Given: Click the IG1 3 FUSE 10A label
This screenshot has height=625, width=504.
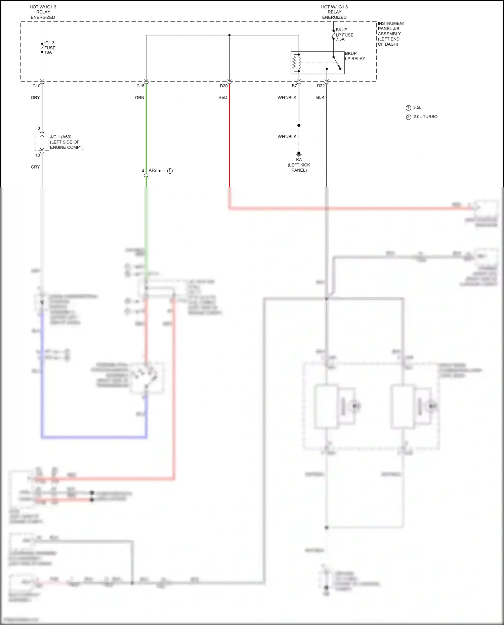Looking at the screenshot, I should click(x=50, y=48).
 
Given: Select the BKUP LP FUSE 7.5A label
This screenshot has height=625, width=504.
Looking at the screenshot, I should click(x=344, y=35).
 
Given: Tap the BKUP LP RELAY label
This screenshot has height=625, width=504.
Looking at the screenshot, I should click(x=355, y=56).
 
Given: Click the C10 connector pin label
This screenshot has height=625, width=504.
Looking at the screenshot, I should click(x=36, y=86).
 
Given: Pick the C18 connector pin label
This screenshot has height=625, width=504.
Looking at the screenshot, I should click(x=140, y=86).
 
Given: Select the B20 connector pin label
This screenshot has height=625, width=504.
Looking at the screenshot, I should click(x=224, y=86).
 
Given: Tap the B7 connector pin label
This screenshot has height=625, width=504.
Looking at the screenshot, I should click(x=294, y=86).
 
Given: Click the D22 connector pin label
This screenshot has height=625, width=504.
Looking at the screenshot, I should click(x=321, y=86).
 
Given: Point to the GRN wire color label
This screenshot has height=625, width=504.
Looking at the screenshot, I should click(x=139, y=98).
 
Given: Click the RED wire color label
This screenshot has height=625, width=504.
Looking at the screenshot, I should click(x=223, y=98).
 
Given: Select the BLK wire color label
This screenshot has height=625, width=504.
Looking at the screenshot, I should click(x=320, y=98).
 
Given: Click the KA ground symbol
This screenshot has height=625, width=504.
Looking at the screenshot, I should click(x=299, y=154).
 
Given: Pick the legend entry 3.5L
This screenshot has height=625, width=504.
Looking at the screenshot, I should click(x=417, y=107).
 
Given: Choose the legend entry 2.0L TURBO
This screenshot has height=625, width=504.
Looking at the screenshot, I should click(x=425, y=117).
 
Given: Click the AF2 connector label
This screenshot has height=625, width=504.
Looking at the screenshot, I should click(x=153, y=171).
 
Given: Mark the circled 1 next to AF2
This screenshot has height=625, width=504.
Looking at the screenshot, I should click(x=170, y=171).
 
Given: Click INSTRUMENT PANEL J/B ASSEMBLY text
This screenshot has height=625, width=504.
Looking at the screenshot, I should click(x=391, y=34).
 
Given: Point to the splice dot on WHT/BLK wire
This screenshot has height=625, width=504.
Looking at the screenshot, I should click(x=299, y=125).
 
